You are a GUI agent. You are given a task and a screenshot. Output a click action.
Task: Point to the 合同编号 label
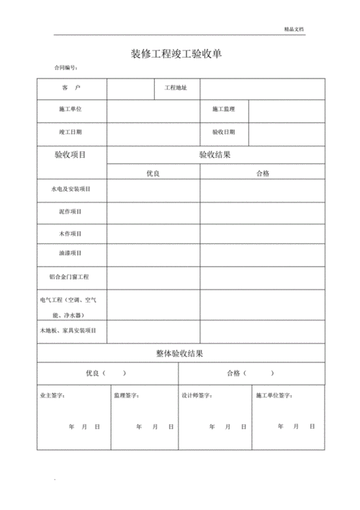tap(66, 68)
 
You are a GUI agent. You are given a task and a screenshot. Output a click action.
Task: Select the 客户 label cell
tap(71, 88)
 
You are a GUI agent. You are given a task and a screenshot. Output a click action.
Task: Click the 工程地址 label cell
tap(176, 88)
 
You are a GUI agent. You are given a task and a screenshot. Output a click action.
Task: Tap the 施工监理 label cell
tap(224, 109)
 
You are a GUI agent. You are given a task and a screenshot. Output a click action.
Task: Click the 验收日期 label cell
tap(224, 133)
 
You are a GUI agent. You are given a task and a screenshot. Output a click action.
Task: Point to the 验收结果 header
tap(215, 155)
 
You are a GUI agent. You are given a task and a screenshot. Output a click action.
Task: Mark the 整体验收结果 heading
tap(180, 353)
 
